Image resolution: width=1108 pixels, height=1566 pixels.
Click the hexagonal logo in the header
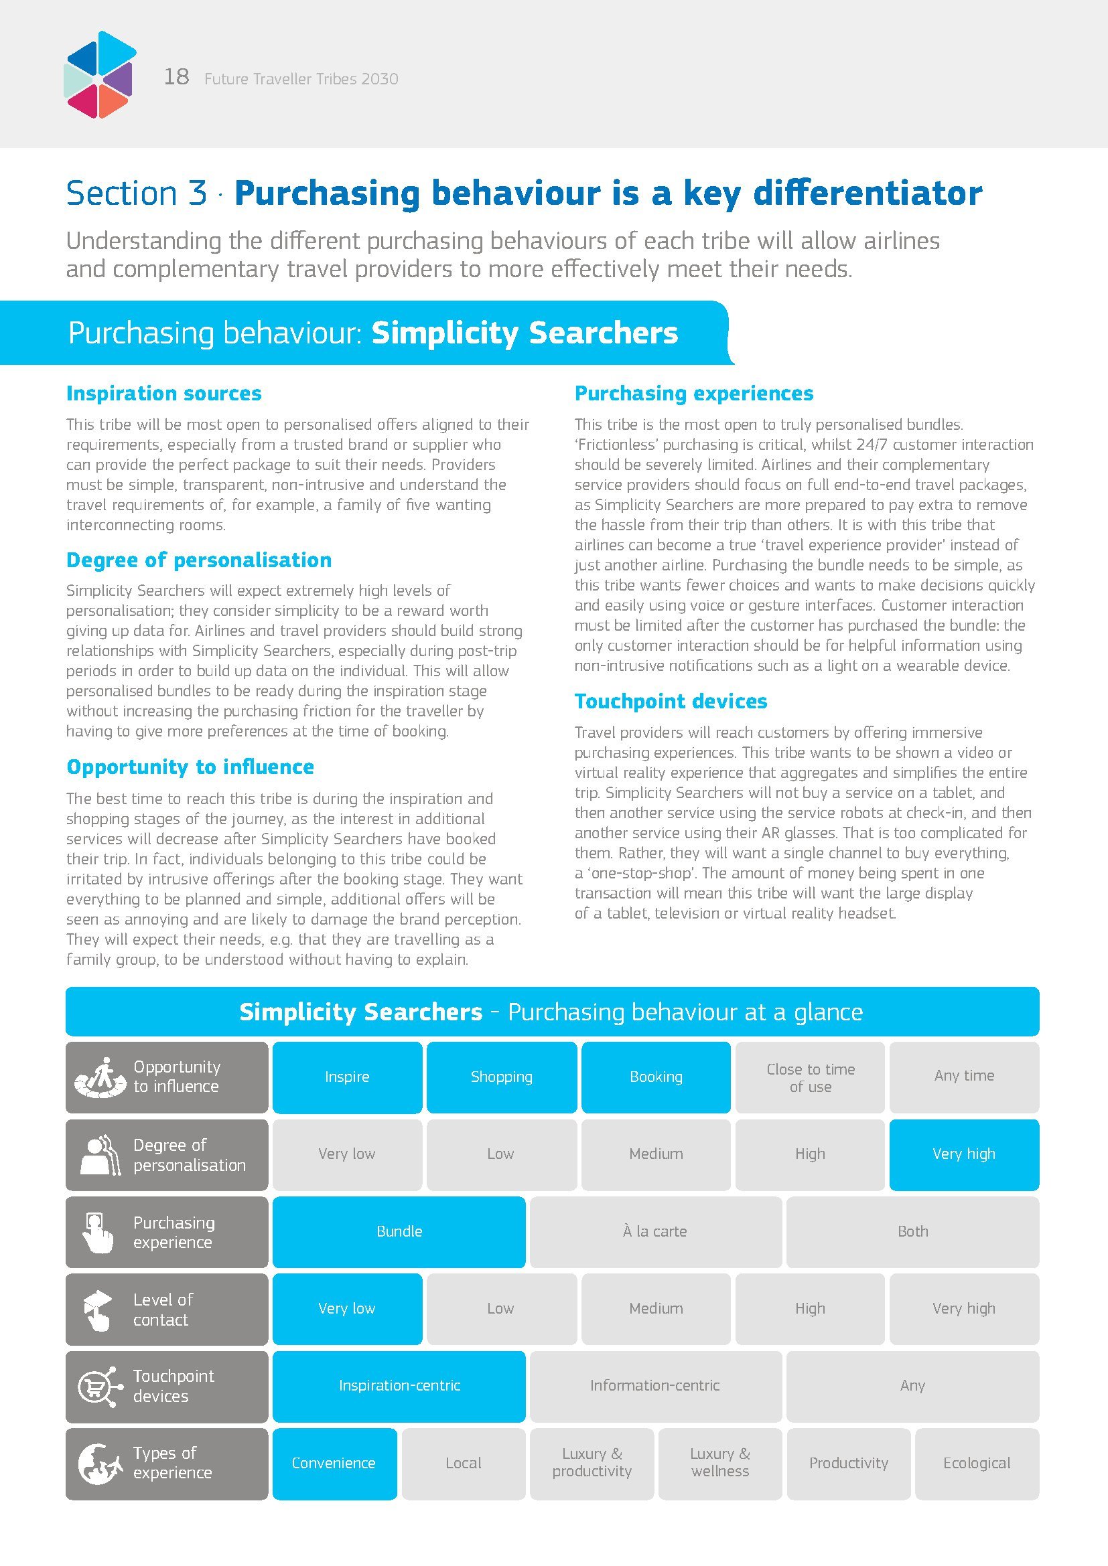(x=100, y=74)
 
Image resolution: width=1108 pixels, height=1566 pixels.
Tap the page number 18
(x=176, y=76)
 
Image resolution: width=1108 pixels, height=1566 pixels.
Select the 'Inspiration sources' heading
(x=163, y=394)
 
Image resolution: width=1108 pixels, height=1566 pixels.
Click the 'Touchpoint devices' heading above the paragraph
(x=670, y=701)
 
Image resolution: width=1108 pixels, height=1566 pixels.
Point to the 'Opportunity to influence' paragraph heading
(x=190, y=767)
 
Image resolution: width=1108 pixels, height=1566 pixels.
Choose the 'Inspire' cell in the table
(x=346, y=1077)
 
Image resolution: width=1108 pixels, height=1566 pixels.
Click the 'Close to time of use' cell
(x=810, y=1078)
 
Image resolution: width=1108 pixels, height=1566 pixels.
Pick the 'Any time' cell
(x=963, y=1076)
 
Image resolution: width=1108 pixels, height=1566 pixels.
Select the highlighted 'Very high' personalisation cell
(x=963, y=1154)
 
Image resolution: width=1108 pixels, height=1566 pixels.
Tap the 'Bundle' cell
(x=399, y=1231)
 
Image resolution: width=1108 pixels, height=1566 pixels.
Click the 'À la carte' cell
(x=655, y=1231)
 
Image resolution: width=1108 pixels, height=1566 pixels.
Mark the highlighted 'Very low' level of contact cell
(x=346, y=1308)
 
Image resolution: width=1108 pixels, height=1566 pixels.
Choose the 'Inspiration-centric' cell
(x=399, y=1385)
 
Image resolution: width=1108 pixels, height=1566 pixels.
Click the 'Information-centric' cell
(x=655, y=1385)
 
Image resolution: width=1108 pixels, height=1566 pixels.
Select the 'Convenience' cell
(x=334, y=1463)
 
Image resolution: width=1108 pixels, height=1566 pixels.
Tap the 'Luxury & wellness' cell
(x=719, y=1463)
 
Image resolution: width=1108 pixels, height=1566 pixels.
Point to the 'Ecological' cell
(x=976, y=1463)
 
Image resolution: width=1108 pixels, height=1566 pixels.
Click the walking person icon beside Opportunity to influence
(x=101, y=1077)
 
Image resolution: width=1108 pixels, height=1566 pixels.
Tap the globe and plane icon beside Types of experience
(x=99, y=1463)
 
